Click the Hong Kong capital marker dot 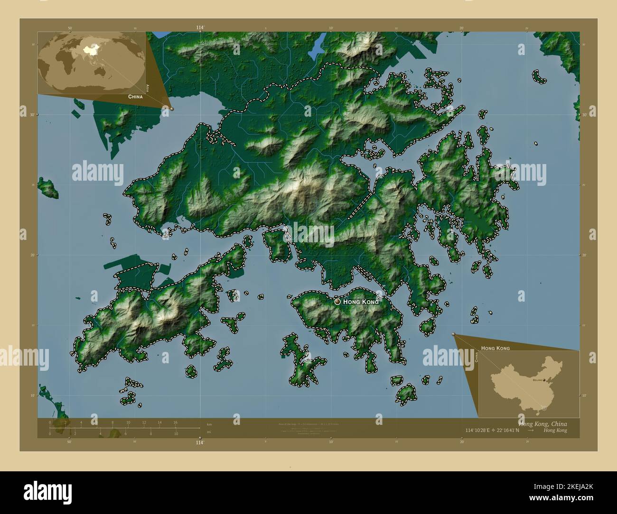pyautogui.click(x=337, y=301)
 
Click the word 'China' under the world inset pyautogui.click(x=135, y=96)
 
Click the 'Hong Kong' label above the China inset pyautogui.click(x=495, y=348)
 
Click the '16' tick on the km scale pyautogui.click(x=176, y=422)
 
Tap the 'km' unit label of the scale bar pyautogui.click(x=209, y=423)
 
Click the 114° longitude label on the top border pyautogui.click(x=200, y=28)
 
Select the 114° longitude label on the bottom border pyautogui.click(x=200, y=442)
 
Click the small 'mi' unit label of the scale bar pyautogui.click(x=209, y=432)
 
